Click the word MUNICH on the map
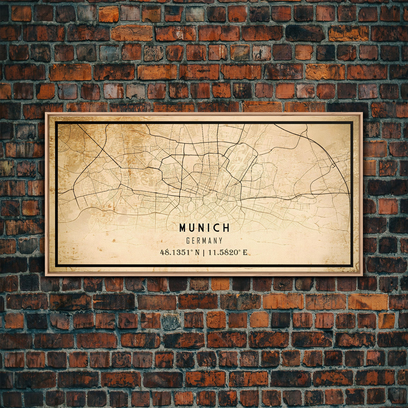(204, 228)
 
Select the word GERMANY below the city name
(204, 241)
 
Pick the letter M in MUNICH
(182, 228)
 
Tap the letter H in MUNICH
(226, 228)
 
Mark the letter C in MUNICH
(217, 228)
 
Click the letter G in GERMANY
(188, 241)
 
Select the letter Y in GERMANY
(220, 241)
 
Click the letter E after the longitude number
(245, 252)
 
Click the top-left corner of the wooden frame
(46, 113)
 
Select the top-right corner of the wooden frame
(362, 113)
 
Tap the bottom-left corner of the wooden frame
(46, 275)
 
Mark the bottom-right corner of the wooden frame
(362, 275)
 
